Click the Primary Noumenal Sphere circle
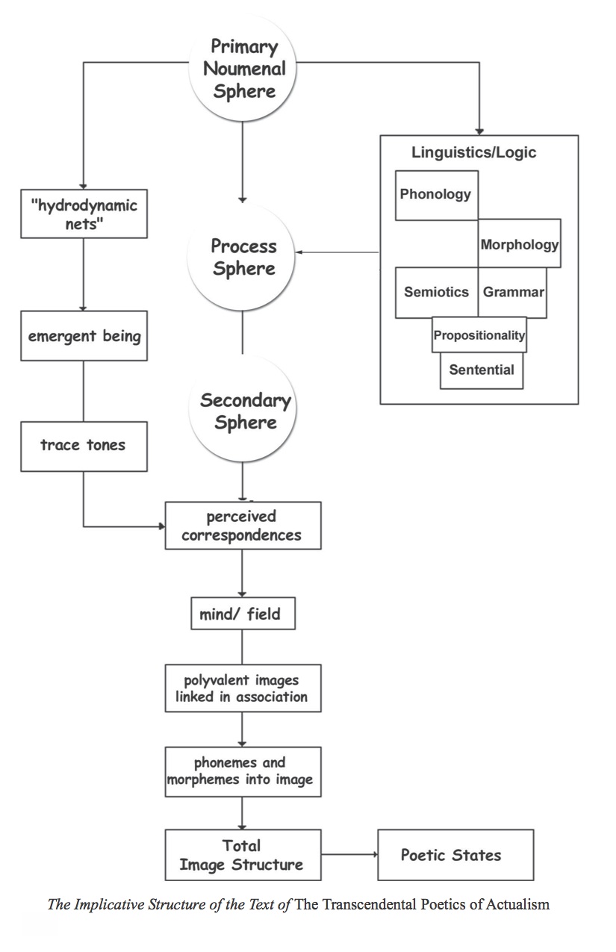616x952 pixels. (x=243, y=69)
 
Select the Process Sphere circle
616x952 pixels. (x=243, y=258)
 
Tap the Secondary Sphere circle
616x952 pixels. (x=244, y=411)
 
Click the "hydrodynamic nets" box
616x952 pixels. (x=84, y=214)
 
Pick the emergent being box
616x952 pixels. (x=84, y=336)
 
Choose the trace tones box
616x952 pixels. (x=83, y=446)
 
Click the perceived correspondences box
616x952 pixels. (x=243, y=526)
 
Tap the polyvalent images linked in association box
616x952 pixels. (x=243, y=688)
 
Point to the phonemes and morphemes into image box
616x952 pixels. (x=243, y=771)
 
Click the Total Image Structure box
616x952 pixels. (x=243, y=855)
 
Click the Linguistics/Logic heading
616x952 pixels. (x=474, y=153)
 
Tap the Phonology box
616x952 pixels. (x=436, y=195)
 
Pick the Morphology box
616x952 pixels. (x=519, y=243)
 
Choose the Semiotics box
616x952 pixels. (x=436, y=292)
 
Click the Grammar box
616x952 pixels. (x=513, y=292)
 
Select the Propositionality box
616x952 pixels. (x=479, y=335)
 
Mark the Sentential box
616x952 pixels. (x=482, y=370)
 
